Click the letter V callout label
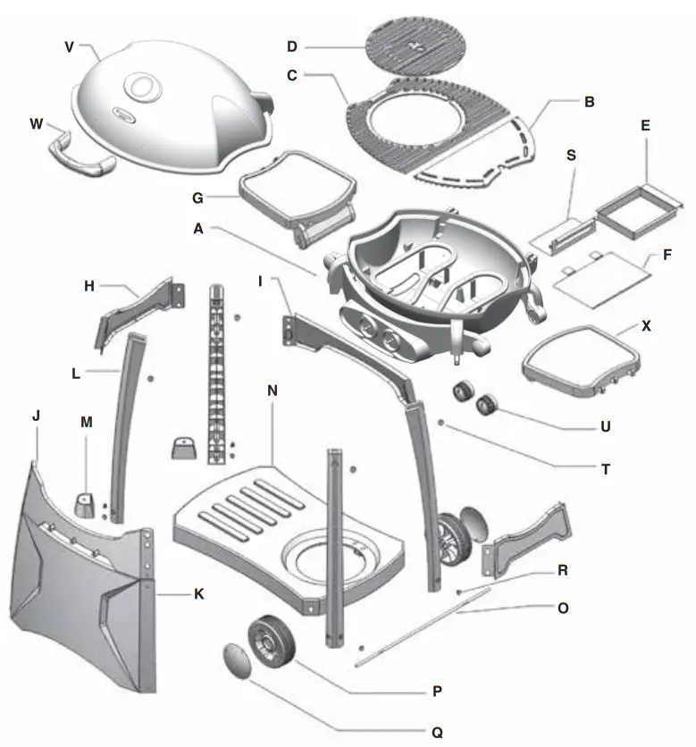point(68,45)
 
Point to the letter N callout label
point(272,390)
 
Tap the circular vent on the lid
point(141,87)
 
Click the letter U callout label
point(605,426)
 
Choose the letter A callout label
point(200,229)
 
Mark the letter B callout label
point(589,102)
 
